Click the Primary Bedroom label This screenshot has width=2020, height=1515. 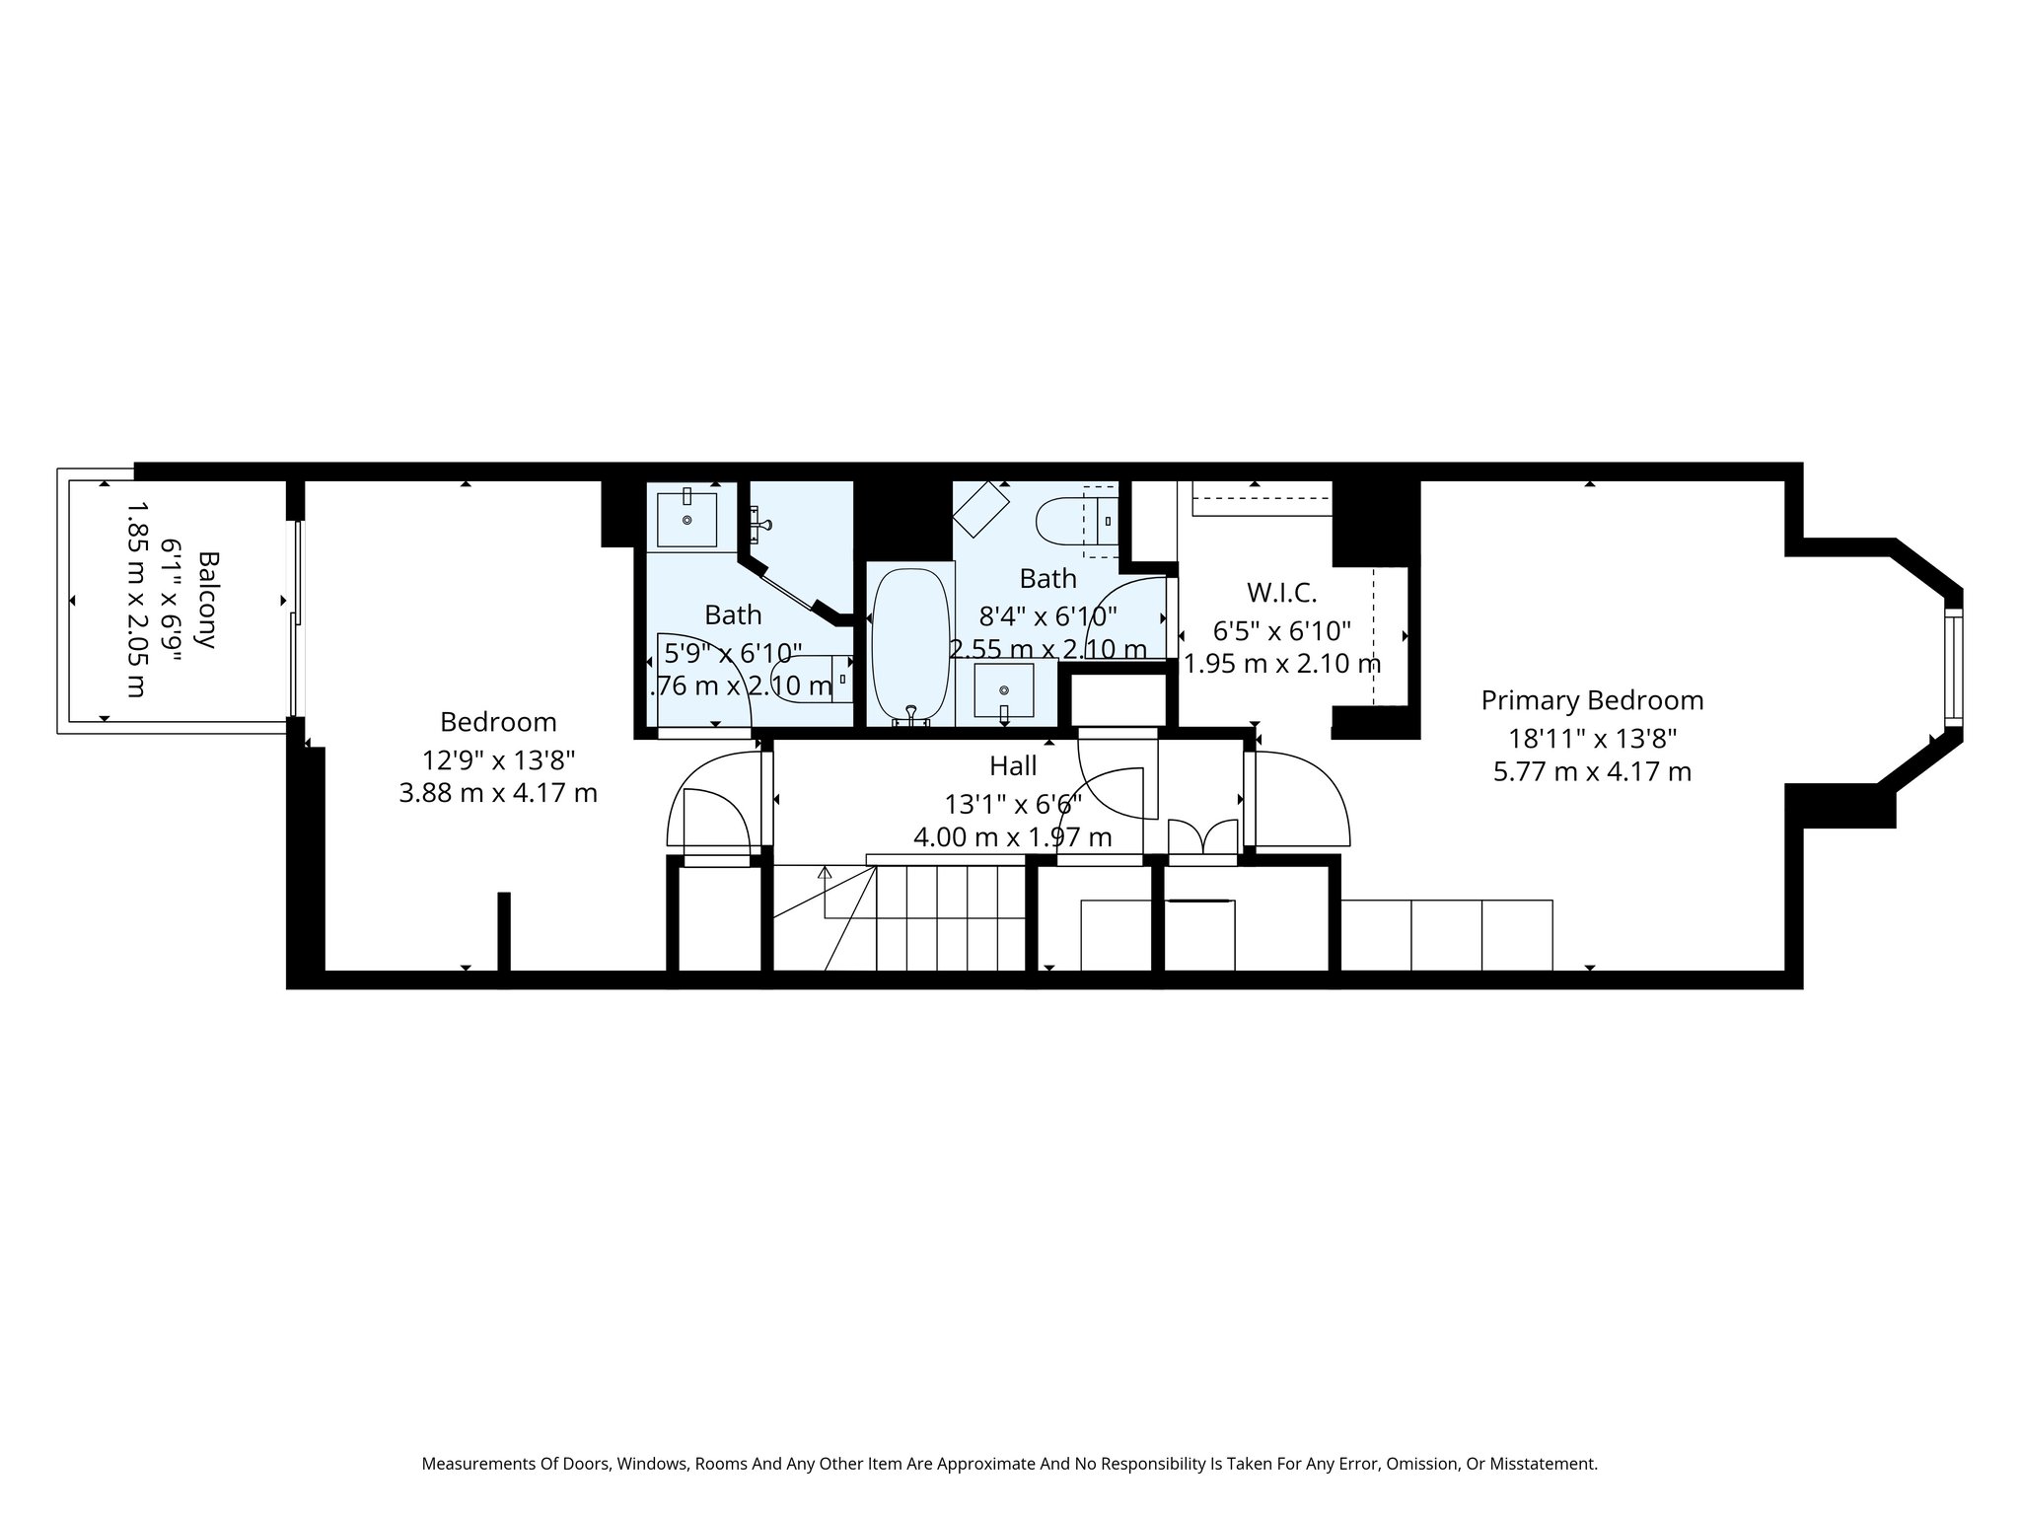(1592, 701)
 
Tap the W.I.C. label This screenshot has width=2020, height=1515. (1281, 594)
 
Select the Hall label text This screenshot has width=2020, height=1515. (1013, 766)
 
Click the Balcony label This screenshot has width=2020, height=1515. (207, 600)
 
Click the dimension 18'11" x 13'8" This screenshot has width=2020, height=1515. (1592, 738)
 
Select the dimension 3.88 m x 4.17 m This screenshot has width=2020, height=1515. (498, 793)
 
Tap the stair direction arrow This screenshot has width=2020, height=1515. (825, 873)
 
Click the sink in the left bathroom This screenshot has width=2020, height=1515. (686, 519)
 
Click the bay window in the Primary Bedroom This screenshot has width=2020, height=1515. (1953, 668)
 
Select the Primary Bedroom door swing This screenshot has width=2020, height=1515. (1300, 799)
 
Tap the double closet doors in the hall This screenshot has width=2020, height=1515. (1201, 836)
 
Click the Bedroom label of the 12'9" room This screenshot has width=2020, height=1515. (498, 723)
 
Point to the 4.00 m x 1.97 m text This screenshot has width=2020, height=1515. (1013, 838)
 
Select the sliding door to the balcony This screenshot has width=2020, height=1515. (295, 617)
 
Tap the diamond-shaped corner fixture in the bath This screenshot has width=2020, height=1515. (981, 510)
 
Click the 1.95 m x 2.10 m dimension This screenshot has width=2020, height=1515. (1281, 665)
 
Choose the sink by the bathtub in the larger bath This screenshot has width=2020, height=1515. (1003, 689)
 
